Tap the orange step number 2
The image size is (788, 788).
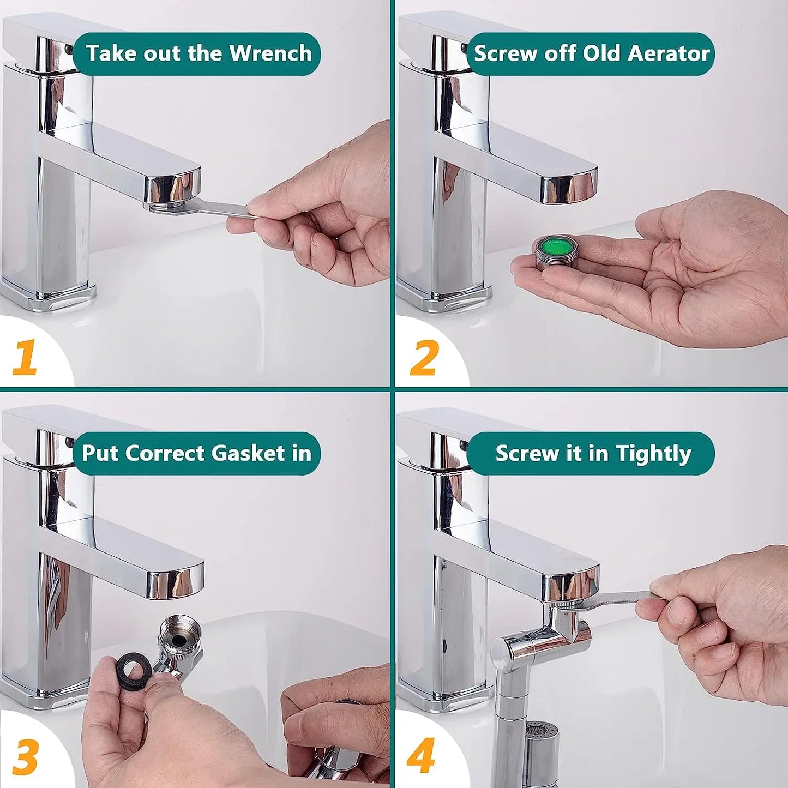[424, 358]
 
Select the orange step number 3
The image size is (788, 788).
[25, 756]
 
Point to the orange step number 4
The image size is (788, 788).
[421, 756]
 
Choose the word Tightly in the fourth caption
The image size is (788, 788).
[653, 454]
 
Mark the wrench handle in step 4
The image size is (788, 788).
[622, 598]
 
